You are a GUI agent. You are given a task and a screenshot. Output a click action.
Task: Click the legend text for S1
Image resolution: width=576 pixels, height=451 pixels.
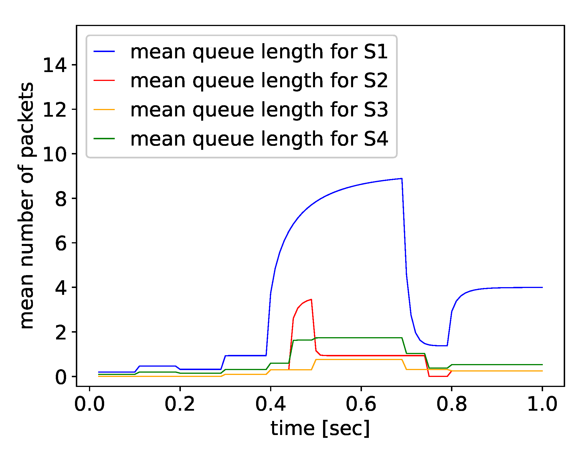coord(259,52)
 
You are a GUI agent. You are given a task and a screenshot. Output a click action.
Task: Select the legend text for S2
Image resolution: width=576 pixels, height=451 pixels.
coord(259,81)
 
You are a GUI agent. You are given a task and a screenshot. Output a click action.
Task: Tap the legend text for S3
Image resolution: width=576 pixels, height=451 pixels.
coord(259,110)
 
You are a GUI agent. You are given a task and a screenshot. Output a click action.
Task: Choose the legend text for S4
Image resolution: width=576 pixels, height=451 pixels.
coord(259,139)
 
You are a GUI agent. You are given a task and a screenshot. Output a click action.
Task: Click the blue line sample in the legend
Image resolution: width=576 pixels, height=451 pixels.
coord(104,51)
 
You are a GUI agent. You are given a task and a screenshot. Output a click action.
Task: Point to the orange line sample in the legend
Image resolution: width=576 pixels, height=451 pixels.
coord(104,110)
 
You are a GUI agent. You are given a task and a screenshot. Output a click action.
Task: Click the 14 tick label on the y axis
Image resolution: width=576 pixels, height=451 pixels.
coord(55,65)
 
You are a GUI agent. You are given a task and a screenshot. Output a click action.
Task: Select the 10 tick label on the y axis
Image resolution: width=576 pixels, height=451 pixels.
coord(55,154)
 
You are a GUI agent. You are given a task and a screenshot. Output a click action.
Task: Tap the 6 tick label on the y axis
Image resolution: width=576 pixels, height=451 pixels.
coord(61,243)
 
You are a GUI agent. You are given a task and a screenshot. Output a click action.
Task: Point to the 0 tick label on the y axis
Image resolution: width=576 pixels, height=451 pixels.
coord(61,377)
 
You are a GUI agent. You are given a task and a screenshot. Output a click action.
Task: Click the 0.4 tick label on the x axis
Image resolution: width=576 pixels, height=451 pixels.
coord(270,404)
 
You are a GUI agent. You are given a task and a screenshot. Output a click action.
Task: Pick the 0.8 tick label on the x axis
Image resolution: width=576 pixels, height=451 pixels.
coord(452,404)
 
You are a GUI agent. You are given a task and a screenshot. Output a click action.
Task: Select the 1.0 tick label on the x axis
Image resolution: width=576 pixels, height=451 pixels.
coord(542,404)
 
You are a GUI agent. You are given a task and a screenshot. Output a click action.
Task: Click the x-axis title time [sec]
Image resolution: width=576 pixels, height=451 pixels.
coord(320,428)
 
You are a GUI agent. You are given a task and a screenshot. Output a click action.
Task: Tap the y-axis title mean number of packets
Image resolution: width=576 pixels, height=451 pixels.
coord(27,206)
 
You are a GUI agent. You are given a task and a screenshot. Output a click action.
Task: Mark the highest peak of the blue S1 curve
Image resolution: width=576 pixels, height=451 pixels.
coord(402,178)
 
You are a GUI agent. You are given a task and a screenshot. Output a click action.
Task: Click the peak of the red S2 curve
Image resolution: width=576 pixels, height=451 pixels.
coord(311,299)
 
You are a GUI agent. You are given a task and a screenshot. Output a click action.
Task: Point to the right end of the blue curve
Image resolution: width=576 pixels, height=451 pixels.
coord(542,287)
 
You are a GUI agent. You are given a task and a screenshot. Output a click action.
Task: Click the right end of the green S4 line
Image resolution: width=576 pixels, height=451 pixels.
coord(542,365)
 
